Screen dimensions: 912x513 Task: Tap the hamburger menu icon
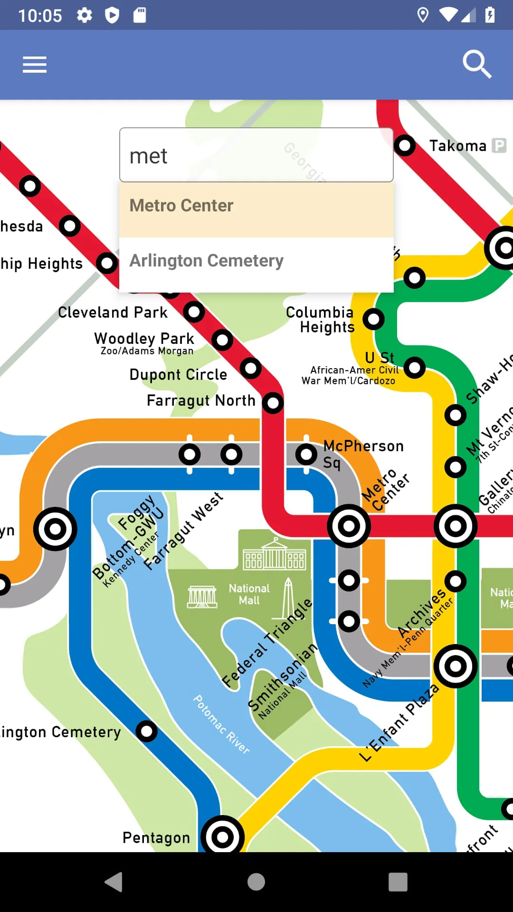pos(35,65)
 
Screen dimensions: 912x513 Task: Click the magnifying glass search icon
pos(476,64)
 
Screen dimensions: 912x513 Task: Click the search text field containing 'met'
pos(256,155)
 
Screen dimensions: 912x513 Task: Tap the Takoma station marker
pos(405,145)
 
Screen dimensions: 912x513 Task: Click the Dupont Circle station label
pos(178,375)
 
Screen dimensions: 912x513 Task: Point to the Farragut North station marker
pos(273,403)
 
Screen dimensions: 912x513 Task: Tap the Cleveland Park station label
pos(113,313)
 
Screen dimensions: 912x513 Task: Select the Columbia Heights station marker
pos(373,319)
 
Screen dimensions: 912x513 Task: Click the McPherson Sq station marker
pos(306,455)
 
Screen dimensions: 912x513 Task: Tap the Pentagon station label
pos(156,838)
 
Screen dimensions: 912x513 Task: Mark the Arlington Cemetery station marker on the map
pos(146,731)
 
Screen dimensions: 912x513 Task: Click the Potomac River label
pos(221,724)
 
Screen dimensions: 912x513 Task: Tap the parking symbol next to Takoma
pos(499,145)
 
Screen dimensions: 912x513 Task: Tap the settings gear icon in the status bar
pos(85,15)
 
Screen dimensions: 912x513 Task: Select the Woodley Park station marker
pos(222,340)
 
